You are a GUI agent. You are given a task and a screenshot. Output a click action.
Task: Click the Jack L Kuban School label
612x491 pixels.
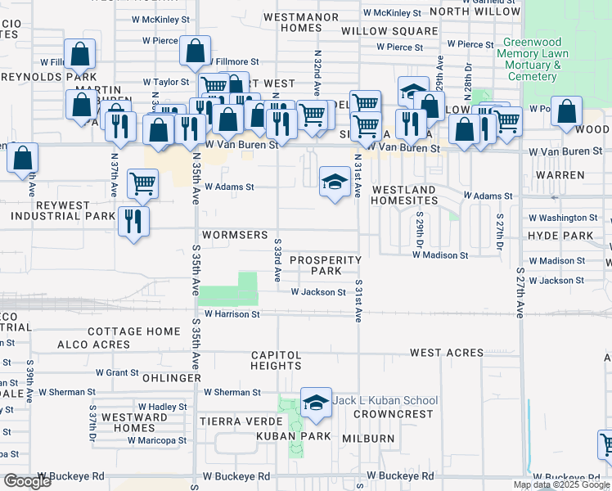coord(385,400)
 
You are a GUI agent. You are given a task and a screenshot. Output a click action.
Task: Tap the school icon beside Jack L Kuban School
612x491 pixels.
coord(316,402)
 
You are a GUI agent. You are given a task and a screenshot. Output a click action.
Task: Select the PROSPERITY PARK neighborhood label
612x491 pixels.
coord(326,265)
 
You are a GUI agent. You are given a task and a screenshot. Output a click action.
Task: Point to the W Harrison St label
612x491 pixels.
coord(232,313)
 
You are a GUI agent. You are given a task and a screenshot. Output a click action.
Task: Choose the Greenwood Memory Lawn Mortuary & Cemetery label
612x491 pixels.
coord(532,59)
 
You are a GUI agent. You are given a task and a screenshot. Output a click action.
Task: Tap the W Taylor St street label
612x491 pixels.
coord(166,82)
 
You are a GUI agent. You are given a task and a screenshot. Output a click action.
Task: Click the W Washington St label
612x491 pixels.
coord(563,218)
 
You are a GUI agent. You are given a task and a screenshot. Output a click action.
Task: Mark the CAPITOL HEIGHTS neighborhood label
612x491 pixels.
coord(276,360)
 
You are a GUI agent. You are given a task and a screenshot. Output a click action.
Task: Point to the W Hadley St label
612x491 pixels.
coord(162,407)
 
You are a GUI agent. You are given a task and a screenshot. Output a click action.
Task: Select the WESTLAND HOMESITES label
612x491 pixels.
coord(403,195)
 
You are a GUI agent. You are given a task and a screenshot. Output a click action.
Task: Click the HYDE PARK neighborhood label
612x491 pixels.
coord(571,236)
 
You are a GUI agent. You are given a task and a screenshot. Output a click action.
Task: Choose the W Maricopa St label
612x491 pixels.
coord(156,440)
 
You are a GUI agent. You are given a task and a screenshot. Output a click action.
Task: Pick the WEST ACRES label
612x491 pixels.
coord(446,352)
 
